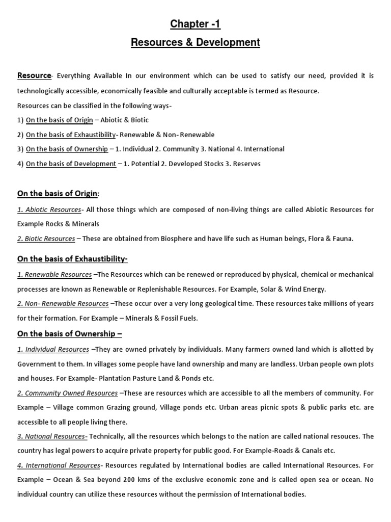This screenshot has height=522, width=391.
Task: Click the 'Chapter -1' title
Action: [x=195, y=24]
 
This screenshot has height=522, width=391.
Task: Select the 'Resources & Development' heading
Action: [x=195, y=42]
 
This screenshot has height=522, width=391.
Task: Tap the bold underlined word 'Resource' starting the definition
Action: [x=34, y=76]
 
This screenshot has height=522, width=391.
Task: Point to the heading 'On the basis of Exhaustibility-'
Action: [x=72, y=259]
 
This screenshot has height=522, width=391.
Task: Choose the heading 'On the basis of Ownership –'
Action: [x=69, y=334]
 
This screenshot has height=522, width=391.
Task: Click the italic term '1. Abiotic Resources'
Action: [x=49, y=210]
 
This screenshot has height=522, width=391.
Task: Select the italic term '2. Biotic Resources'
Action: [x=46, y=239]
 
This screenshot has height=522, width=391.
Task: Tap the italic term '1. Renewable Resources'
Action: [x=54, y=274]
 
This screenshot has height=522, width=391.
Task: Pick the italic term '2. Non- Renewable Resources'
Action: [x=63, y=303]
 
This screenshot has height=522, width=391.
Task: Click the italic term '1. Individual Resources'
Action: [x=53, y=349]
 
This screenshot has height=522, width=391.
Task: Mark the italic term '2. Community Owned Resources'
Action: [x=67, y=393]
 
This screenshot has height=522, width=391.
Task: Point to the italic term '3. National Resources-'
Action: [x=52, y=436]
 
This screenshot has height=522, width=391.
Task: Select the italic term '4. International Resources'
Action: [x=59, y=465]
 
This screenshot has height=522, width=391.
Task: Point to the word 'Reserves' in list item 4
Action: [x=246, y=164]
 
